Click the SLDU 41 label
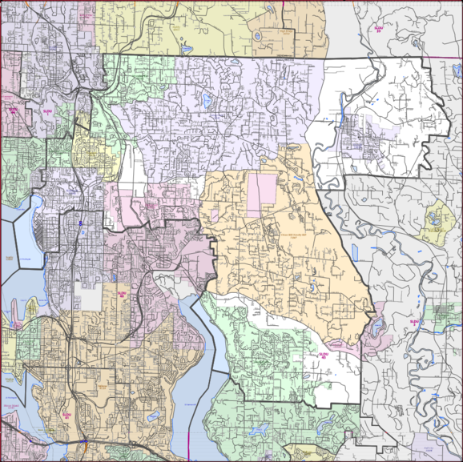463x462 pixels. point(67,415)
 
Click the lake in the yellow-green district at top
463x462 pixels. point(186,47)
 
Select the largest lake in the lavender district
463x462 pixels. point(207,102)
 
